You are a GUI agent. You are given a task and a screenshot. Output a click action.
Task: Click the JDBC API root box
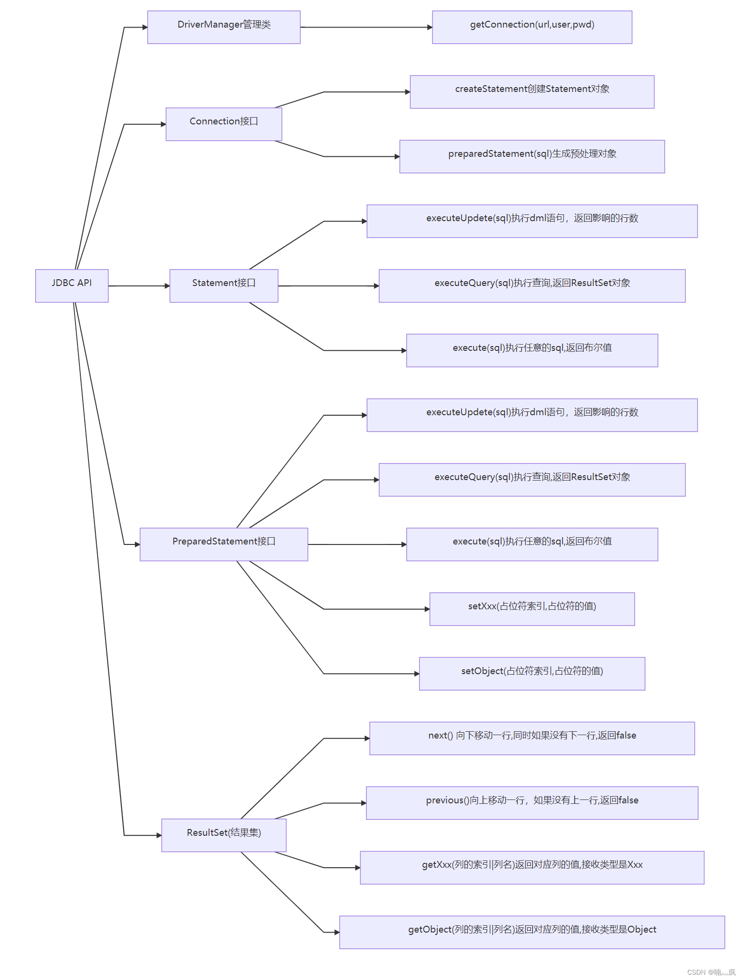coord(72,286)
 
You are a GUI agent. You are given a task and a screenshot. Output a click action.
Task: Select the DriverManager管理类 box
coord(223,27)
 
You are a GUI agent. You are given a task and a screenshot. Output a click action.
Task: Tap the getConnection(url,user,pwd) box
coord(532,27)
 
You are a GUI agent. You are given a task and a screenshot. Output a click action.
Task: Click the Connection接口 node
coord(223,124)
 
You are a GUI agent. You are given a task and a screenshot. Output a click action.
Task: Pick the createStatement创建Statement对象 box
coord(532,92)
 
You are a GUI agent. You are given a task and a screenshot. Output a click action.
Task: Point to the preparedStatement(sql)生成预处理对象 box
coord(532,156)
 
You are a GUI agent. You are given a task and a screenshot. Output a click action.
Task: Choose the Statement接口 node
coord(223,286)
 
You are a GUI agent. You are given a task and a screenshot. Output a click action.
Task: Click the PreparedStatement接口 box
coord(223,544)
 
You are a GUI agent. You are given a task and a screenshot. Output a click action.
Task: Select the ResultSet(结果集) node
coord(223,835)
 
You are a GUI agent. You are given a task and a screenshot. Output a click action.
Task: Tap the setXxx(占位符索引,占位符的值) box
coord(532,609)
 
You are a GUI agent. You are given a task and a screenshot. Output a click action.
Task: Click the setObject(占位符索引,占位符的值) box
coord(532,673)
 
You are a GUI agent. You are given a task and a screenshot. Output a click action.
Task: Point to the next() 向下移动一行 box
coord(532,738)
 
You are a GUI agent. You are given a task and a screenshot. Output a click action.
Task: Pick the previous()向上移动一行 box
coord(532,803)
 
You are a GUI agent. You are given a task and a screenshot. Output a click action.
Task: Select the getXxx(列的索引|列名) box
coord(532,867)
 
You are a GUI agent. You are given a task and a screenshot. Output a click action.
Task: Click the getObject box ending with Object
coord(532,932)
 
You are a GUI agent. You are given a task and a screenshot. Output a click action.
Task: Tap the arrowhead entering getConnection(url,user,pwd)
coord(430,27)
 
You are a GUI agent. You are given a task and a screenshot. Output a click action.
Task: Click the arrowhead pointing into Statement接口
coord(167,286)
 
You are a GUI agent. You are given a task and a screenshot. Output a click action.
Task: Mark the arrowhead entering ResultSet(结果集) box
coord(159,835)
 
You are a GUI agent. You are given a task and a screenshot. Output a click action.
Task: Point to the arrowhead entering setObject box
coord(416,673)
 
